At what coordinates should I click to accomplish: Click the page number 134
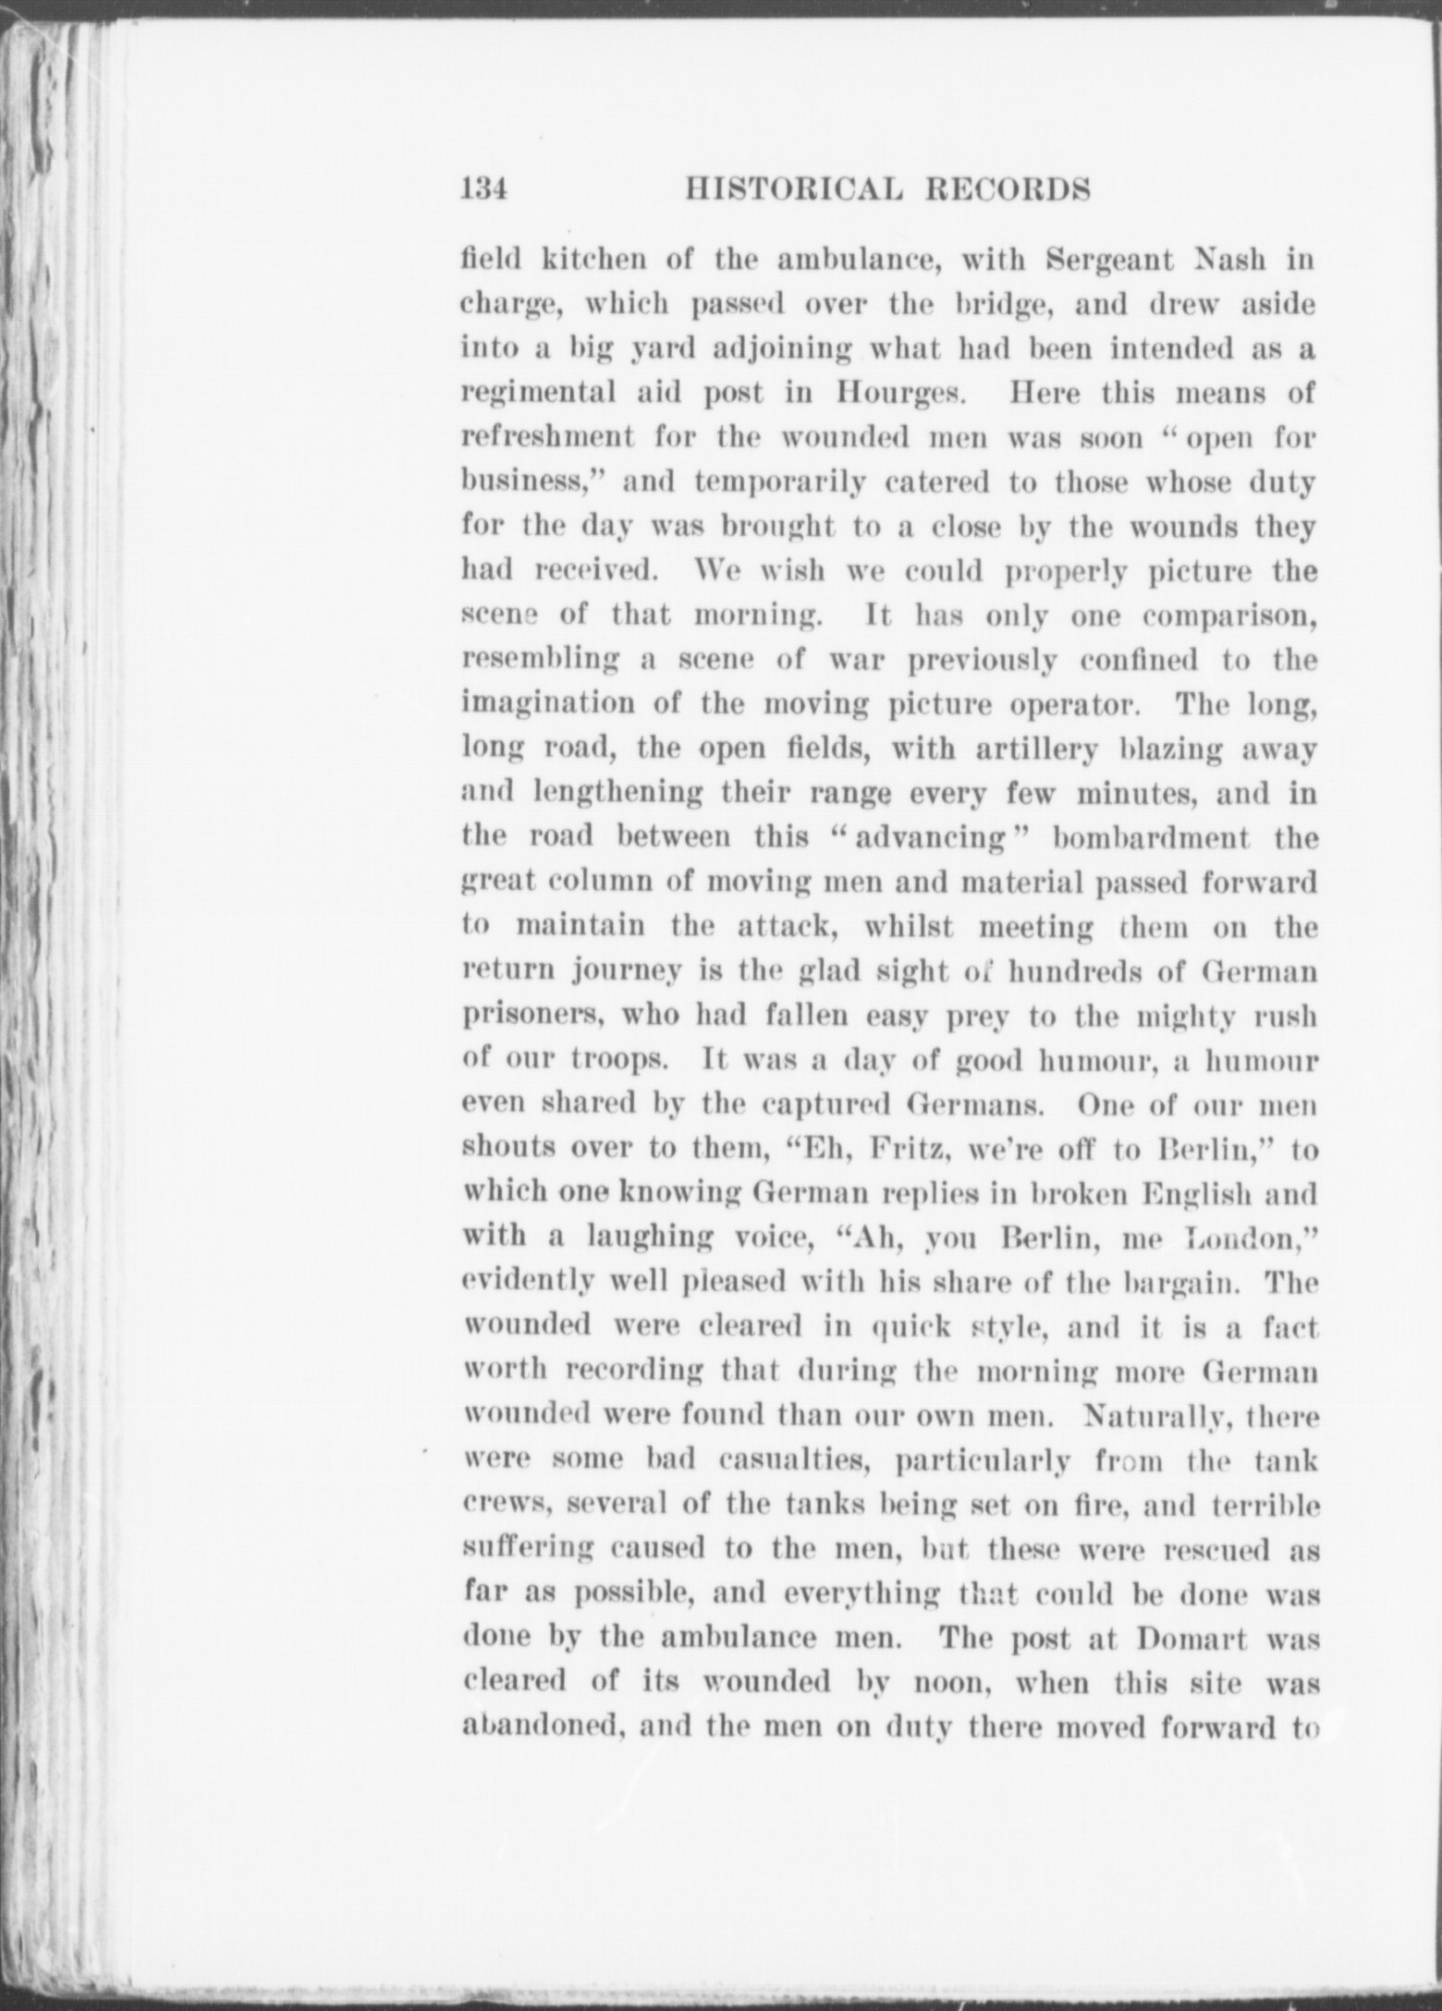[x=484, y=189]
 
